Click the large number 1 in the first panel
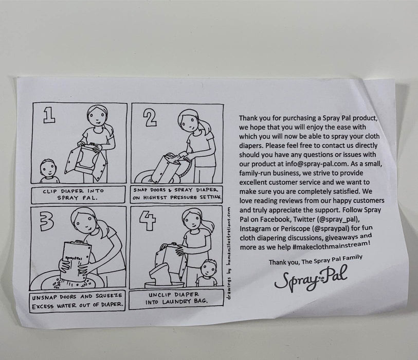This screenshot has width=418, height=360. [49, 115]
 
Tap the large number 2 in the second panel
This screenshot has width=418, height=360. [150, 118]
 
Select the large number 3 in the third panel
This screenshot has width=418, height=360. [47, 221]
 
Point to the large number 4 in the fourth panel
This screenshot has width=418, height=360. [148, 220]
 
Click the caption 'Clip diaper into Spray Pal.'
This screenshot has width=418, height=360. [77, 194]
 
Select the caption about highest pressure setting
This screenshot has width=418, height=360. [177, 194]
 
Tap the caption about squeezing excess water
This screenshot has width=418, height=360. [77, 301]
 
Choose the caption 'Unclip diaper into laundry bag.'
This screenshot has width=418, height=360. [176, 298]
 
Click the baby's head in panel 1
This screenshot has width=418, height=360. [48, 168]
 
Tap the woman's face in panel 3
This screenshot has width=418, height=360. [85, 222]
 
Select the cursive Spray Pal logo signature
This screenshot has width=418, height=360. [311, 278]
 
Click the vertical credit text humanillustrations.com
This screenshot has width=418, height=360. [229, 253]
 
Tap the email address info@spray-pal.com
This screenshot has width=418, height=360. [316, 164]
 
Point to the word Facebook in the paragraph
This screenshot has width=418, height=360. [275, 219]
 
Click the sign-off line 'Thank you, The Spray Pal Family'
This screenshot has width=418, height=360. [316, 260]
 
